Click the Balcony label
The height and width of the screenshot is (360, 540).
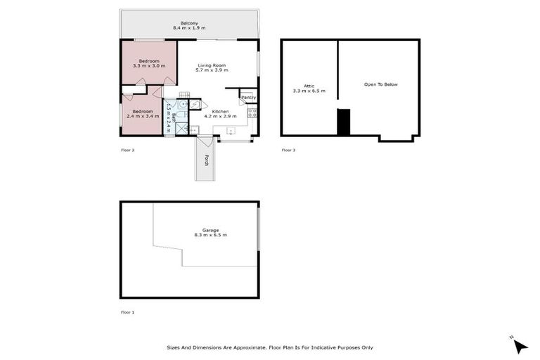click(x=189, y=22)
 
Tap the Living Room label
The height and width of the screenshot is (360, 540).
click(x=211, y=65)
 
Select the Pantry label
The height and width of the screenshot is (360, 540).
click(x=248, y=97)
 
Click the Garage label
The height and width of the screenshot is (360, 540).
click(x=211, y=230)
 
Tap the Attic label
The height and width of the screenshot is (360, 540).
click(x=309, y=85)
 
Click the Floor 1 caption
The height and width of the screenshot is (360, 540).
click(x=127, y=311)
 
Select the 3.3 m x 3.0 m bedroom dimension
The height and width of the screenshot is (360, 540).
click(x=149, y=65)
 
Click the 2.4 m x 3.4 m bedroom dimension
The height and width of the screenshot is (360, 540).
click(x=143, y=116)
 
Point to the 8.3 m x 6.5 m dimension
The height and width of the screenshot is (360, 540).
click(x=211, y=236)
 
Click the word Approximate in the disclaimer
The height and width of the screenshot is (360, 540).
click(x=237, y=347)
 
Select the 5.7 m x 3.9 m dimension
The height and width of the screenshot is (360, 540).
click(x=211, y=70)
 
